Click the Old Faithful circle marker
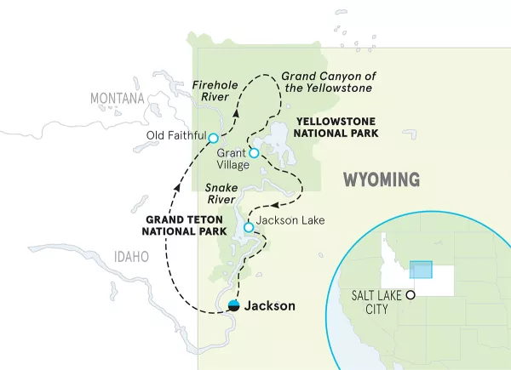click(x=213, y=138)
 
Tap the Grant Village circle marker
click(x=253, y=154)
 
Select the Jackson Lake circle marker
click(x=248, y=227)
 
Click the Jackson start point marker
click(x=233, y=306)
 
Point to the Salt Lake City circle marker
click(x=411, y=295)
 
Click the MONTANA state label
click(x=118, y=99)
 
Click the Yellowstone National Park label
click(x=332, y=127)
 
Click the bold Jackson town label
click(x=270, y=306)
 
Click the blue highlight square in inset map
click(x=421, y=270)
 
